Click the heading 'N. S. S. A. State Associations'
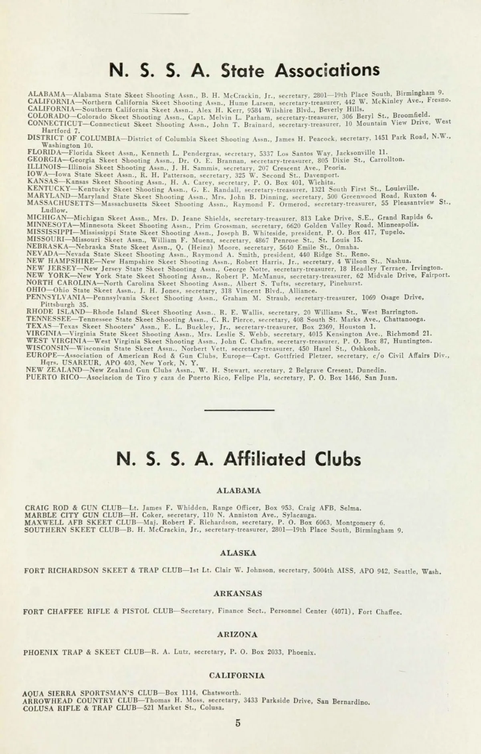[244, 71]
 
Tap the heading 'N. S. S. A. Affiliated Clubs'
[239, 459]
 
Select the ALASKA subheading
[238, 553]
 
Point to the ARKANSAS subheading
[238, 593]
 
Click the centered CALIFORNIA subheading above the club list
[237, 675]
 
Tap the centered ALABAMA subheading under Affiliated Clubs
[238, 490]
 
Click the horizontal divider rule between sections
[239, 410]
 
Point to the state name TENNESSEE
[49, 319]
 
